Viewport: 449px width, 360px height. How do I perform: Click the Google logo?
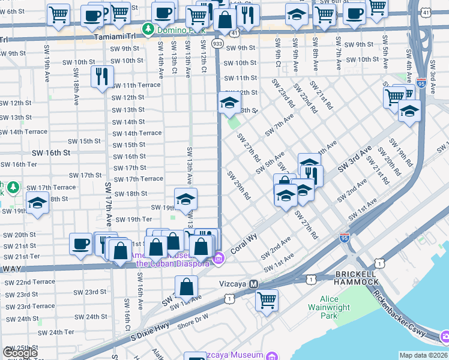(x=19, y=353)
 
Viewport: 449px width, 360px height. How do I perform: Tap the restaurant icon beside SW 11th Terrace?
(x=101, y=76)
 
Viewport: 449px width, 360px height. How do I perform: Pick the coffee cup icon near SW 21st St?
(x=81, y=243)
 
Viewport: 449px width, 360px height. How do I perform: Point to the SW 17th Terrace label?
(x=139, y=179)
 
